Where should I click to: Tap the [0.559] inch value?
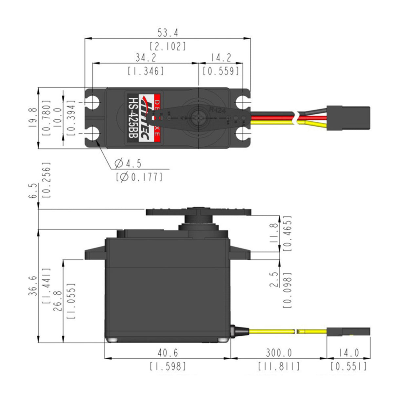221,71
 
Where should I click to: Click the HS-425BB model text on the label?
132,118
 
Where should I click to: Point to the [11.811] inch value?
278,366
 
